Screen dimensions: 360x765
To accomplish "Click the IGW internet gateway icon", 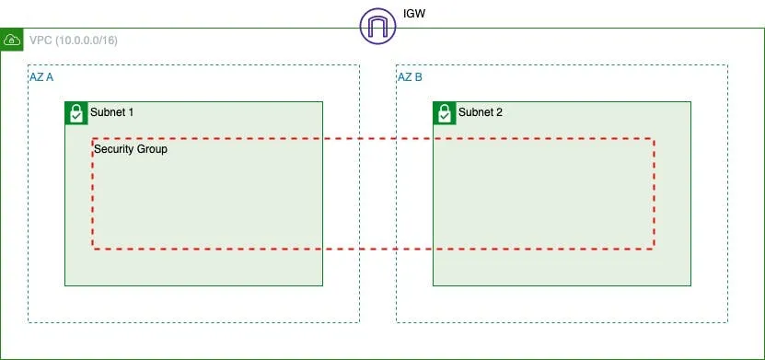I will click(x=377, y=25).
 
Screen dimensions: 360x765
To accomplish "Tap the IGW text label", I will click(x=414, y=15).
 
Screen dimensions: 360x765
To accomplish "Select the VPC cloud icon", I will click(x=13, y=41).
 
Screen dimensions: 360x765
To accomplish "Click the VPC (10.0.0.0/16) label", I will click(x=74, y=41).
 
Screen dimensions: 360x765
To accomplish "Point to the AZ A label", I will click(x=41, y=77).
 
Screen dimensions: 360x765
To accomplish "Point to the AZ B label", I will click(x=410, y=77).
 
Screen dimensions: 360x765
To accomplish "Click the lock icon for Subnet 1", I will click(x=75, y=113).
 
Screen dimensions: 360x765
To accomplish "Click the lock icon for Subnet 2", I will click(x=444, y=113).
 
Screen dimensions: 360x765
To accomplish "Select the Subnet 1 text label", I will click(x=111, y=112).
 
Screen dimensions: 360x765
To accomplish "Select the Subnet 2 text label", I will click(x=480, y=112).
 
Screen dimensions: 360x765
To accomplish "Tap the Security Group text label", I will click(x=131, y=148).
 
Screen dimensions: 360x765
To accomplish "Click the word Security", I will click(x=113, y=148).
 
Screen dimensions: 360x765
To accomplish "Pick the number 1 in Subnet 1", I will click(x=131, y=112).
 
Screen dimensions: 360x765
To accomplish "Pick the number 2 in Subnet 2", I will click(x=499, y=112).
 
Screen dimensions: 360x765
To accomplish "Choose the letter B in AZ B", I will click(x=418, y=77).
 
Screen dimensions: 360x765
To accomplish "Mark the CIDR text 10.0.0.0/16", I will click(x=86, y=41).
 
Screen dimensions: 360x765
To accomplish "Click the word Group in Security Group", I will click(x=152, y=148).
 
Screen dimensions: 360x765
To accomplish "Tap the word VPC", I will click(x=41, y=41).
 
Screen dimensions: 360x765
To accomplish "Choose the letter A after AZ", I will click(x=50, y=77).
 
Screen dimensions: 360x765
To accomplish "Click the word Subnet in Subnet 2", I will click(x=475, y=112).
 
